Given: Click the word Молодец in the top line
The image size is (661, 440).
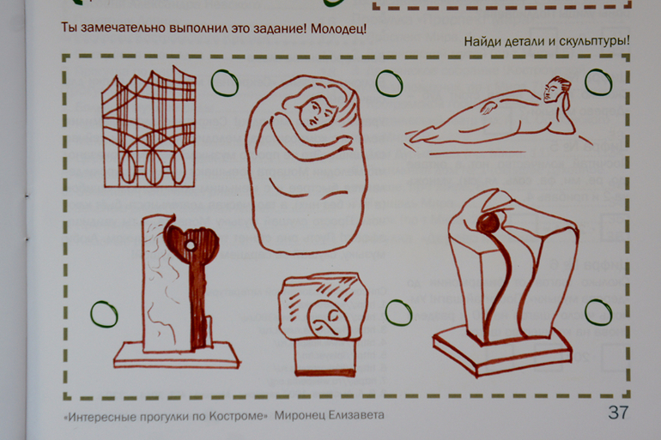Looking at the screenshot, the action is tap(338, 28).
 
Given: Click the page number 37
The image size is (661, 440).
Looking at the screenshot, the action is tap(618, 413).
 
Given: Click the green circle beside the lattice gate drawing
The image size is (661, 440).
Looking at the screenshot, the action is tap(224, 83).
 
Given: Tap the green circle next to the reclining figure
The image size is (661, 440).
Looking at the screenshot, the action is tap(598, 82).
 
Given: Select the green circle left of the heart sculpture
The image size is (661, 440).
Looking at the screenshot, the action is tap(104, 314).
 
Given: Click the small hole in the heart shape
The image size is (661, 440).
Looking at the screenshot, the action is tap(191, 245).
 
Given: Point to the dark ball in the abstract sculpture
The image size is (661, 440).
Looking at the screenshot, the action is tap(488, 223).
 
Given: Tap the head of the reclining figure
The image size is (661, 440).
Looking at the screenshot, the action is tap(556, 89).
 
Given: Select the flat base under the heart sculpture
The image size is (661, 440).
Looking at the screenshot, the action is tap(176, 356).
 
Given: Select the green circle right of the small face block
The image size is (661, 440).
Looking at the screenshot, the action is tap(398, 313).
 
